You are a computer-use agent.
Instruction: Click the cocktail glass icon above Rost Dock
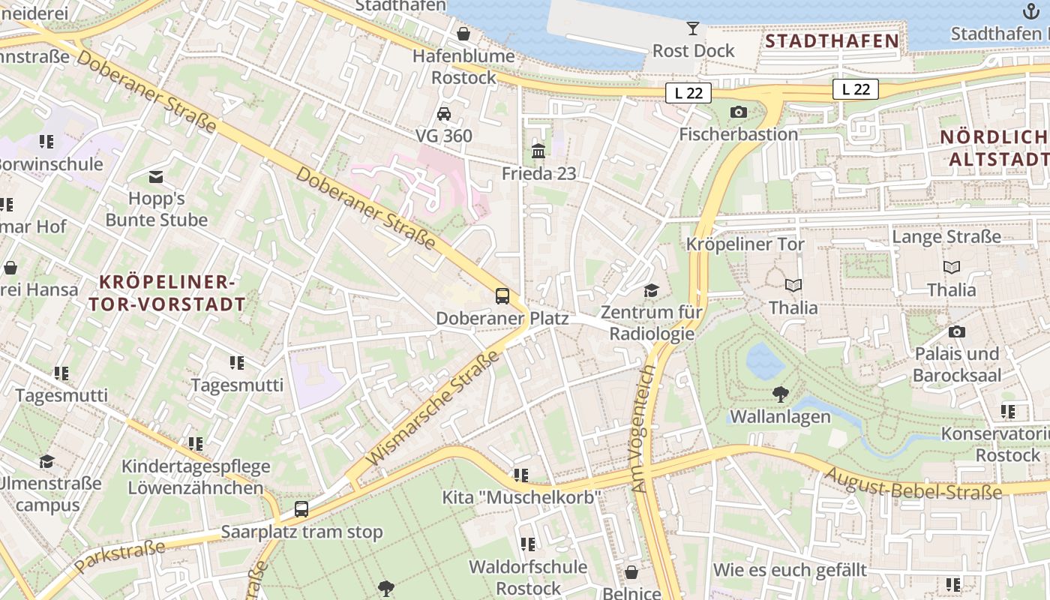(692, 28)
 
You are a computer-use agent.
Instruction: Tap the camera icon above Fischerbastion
(738, 112)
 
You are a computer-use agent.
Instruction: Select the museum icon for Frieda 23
(538, 151)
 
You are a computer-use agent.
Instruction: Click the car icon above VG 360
(444, 114)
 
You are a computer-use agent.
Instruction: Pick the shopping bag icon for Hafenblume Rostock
(463, 34)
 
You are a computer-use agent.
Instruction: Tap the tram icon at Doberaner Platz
(502, 296)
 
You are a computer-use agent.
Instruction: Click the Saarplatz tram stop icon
(301, 509)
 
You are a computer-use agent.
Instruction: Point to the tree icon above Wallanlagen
(780, 394)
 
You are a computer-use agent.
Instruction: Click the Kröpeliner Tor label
(745, 244)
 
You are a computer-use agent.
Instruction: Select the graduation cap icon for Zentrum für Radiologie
(651, 290)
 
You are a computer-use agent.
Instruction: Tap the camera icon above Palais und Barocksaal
(956, 331)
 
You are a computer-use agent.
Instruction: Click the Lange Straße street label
(946, 237)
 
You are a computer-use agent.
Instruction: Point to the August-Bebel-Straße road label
(913, 482)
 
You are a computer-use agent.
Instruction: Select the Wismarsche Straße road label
(433, 409)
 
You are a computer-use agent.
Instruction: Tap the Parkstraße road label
(120, 558)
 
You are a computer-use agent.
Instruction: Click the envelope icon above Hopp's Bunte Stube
(156, 177)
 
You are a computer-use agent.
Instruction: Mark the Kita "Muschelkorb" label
(522, 497)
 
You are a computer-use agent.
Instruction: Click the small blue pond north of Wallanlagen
(765, 361)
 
